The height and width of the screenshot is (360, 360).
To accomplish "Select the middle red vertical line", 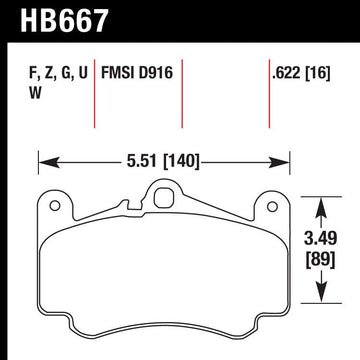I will click(181, 95).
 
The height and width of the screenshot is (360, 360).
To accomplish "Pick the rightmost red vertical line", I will click(270, 95).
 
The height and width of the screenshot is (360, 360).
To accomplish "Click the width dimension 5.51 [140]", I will click(164, 158).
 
